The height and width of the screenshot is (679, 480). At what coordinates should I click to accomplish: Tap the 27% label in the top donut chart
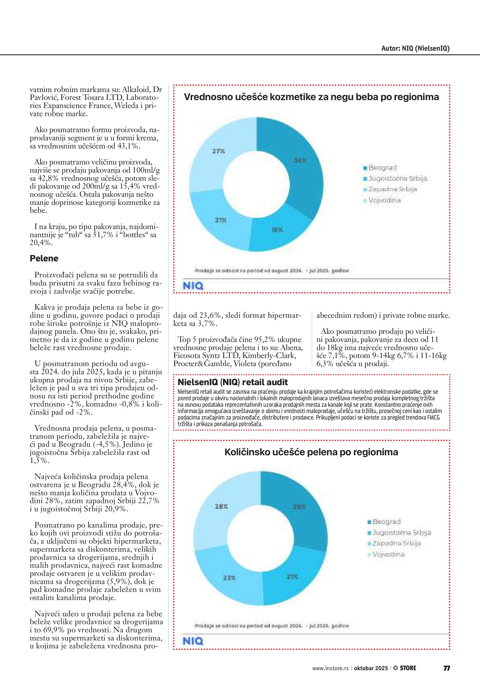click(x=219, y=151)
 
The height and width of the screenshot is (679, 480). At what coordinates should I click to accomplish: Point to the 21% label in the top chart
click(x=220, y=220)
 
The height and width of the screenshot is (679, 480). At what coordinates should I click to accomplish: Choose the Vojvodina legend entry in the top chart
click(x=382, y=200)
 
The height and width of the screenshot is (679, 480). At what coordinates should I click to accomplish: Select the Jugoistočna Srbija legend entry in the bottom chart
click(x=399, y=533)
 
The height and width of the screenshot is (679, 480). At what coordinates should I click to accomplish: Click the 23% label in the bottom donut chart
click(x=229, y=577)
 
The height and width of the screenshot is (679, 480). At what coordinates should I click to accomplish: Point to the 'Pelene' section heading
click(x=44, y=259)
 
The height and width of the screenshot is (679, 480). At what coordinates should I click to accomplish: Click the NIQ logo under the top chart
click(x=193, y=286)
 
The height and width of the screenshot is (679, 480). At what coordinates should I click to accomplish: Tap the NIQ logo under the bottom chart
click(x=193, y=641)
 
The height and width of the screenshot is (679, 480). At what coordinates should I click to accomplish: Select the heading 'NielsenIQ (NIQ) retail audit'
click(x=233, y=382)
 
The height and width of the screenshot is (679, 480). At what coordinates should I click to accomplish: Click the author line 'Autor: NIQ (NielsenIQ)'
click(x=415, y=49)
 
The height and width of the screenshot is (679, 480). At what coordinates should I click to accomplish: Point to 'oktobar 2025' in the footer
click(x=371, y=668)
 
